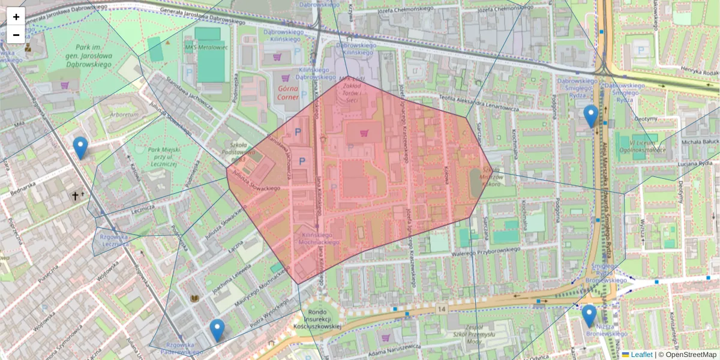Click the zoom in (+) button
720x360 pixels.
[16, 17]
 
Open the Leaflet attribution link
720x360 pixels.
[641, 355]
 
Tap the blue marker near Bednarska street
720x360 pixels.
[80, 148]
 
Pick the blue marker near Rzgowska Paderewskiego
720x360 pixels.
[217, 330]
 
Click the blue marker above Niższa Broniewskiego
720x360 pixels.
[589, 316]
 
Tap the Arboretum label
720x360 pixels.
[124, 114]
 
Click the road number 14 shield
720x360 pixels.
[442, 308]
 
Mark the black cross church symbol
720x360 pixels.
[76, 196]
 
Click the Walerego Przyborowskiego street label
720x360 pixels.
[485, 254]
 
